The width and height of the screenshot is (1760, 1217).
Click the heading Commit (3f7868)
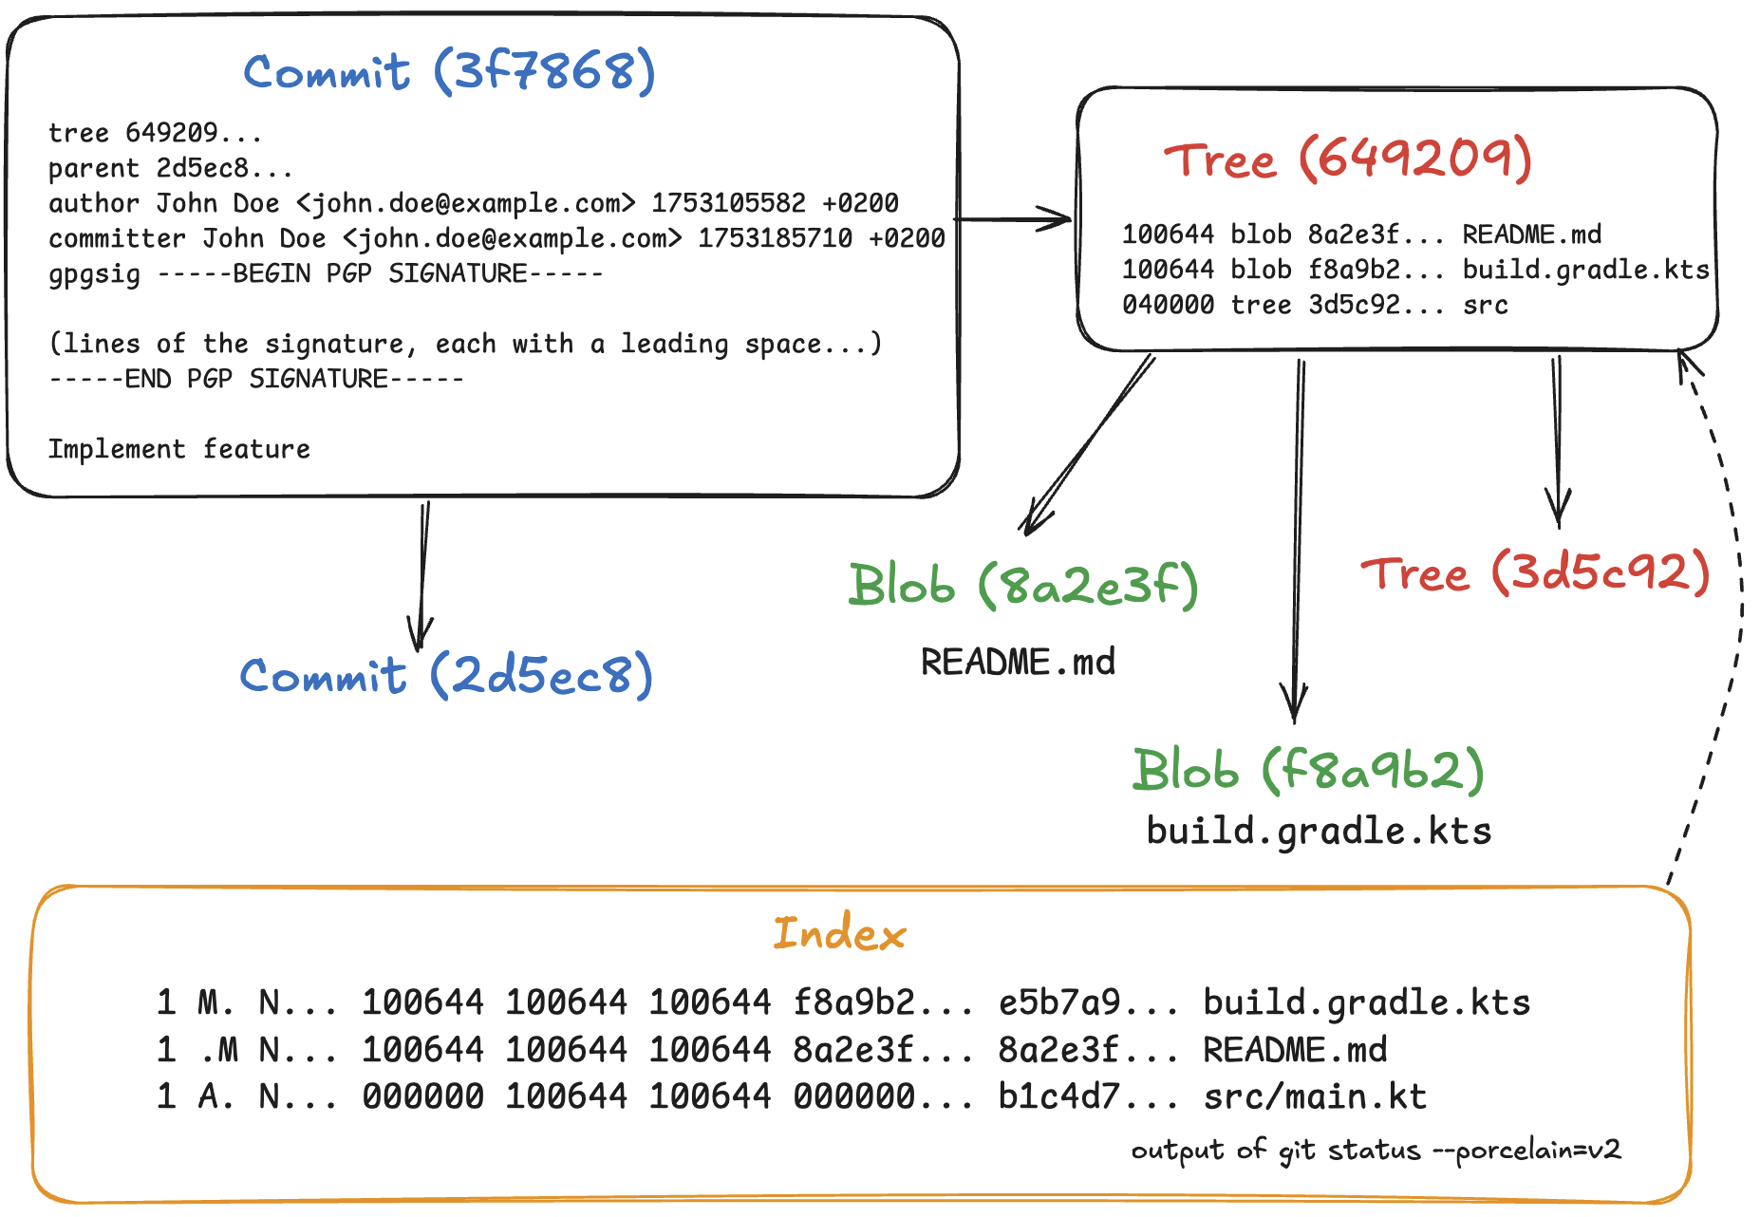coord(449,72)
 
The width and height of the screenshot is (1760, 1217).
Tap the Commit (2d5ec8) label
coord(446,676)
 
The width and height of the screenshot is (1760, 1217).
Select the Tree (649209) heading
coord(1348,159)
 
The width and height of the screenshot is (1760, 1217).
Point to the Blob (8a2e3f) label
coord(1023,585)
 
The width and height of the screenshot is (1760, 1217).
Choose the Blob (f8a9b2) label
coord(1308,769)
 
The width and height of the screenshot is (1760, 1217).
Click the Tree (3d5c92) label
coord(1535,573)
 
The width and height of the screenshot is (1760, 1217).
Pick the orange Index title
coord(839,934)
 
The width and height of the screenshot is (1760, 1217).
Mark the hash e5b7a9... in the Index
coord(1088,1002)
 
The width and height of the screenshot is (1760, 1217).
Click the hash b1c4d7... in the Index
coord(1088,1096)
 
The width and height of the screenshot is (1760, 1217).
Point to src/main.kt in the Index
coord(1315,1096)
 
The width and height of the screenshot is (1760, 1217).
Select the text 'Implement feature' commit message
coord(179,449)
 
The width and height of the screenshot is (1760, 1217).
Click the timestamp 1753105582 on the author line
coord(728,203)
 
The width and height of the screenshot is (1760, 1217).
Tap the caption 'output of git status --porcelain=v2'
coord(1376,1151)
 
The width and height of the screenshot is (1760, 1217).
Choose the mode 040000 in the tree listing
coord(1168,305)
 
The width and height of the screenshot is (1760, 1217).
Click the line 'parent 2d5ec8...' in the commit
coord(171,168)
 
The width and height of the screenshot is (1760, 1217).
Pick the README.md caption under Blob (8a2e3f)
coord(1018,662)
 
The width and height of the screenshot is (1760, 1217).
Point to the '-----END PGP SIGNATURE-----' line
coord(256,379)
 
